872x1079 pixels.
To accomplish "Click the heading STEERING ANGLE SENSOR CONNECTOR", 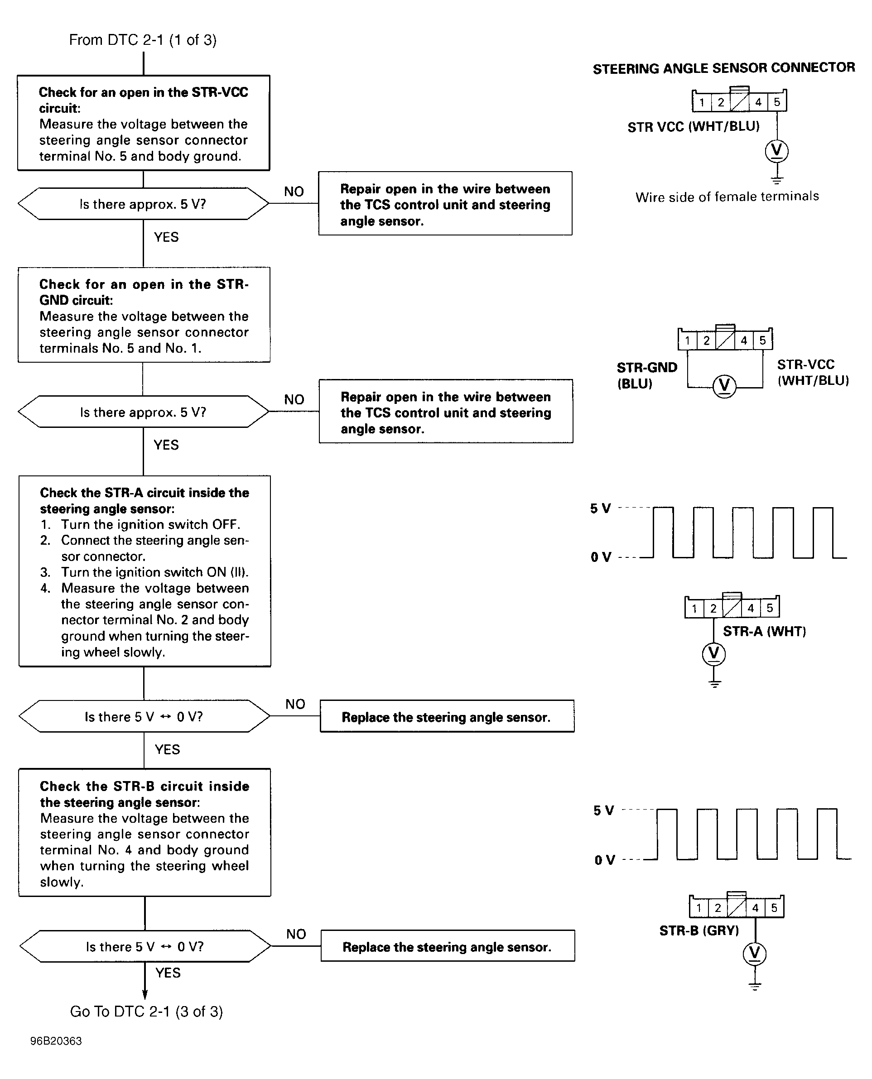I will [x=723, y=68].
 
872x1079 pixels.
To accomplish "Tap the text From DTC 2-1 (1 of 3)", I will [x=143, y=40].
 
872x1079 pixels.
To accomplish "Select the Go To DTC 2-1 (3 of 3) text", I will [x=146, y=1011].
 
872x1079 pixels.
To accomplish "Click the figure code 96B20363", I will [x=56, y=1041].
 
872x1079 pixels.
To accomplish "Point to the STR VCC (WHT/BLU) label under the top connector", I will [x=693, y=126].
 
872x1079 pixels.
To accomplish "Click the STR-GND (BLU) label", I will [x=646, y=375].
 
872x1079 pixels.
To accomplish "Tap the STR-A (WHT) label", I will [x=764, y=631].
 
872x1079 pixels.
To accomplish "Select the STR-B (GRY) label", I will [x=699, y=930].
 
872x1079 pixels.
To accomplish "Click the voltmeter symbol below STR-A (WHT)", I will [x=714, y=654].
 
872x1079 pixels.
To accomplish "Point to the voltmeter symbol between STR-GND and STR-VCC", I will [x=724, y=386].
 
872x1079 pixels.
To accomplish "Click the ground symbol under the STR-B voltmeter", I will [x=755, y=986].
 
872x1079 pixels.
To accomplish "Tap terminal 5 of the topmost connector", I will [x=776, y=102].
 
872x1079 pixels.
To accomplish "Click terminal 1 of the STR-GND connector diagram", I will [x=687, y=340].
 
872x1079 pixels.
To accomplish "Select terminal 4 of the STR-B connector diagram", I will [x=755, y=908].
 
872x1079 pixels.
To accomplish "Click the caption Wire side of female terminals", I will [x=727, y=197].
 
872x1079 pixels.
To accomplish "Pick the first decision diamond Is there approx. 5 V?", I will [x=143, y=204].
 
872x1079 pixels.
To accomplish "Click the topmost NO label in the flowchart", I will [x=294, y=191].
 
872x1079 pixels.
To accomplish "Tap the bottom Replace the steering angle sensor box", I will [x=447, y=946].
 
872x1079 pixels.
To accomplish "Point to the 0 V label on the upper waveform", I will [x=601, y=557].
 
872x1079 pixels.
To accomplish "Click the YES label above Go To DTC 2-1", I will [x=168, y=973].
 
